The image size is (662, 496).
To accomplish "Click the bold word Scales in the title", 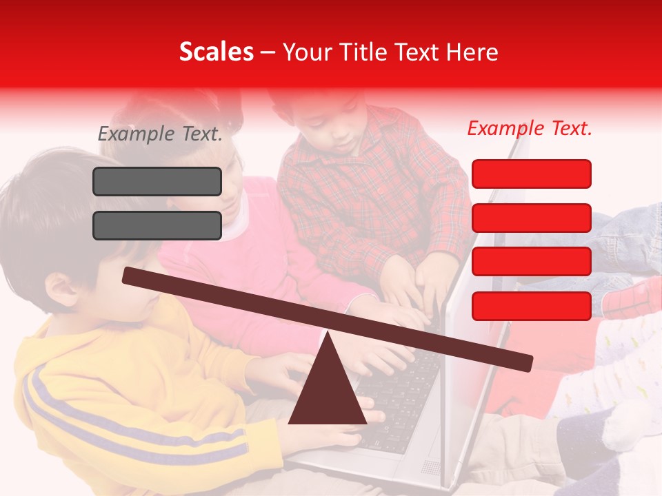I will click(216, 52).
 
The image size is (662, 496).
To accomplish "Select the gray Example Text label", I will click(160, 134).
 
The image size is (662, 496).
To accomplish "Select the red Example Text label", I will click(530, 128).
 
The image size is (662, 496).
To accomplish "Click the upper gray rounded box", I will click(157, 181).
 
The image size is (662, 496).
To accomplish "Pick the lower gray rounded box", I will click(157, 225).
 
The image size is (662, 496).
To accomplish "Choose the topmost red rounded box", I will click(531, 174).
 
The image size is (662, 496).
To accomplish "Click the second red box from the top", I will click(531, 218).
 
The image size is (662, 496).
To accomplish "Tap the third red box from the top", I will click(531, 262).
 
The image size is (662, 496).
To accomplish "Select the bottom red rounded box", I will click(531, 306).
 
